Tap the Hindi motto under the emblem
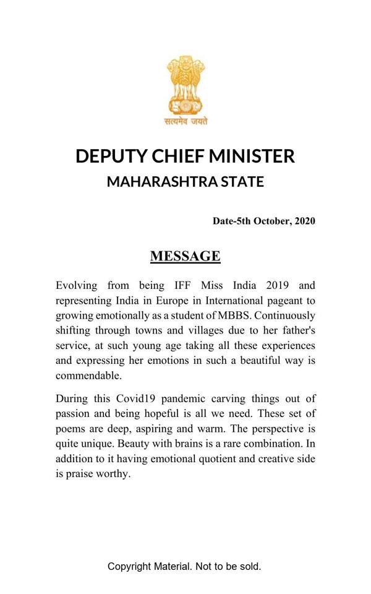[x=185, y=121]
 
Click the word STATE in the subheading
[x=243, y=182]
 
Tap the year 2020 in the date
[x=305, y=221]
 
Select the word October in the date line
[x=271, y=221]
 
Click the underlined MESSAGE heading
[x=185, y=256]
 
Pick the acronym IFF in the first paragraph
[x=176, y=286]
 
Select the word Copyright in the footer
[x=130, y=566]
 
